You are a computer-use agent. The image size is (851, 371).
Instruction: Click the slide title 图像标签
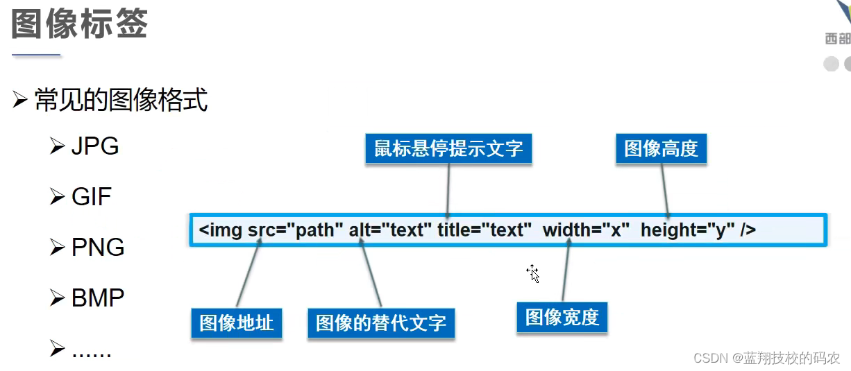pos(80,24)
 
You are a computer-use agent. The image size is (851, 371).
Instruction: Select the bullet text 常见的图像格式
pos(121,101)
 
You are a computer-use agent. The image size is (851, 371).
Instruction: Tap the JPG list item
pos(95,146)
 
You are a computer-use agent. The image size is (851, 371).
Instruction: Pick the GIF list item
pos(92,197)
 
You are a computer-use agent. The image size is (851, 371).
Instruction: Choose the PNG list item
pos(98,248)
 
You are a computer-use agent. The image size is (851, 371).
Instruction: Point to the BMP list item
pos(98,298)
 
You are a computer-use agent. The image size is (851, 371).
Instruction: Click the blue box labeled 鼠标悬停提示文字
pos(448,148)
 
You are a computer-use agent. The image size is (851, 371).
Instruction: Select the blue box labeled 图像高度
pos(661,148)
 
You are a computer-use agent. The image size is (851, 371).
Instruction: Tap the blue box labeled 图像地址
pos(236,322)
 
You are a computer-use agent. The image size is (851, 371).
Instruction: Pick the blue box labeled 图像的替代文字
pos(381,322)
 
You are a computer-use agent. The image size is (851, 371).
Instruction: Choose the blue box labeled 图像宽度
pos(562,318)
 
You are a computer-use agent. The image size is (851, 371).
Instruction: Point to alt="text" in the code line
pos(391,230)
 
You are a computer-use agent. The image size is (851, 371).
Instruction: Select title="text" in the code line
pos(485,230)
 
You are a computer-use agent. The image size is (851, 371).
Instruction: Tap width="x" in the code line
pos(586,230)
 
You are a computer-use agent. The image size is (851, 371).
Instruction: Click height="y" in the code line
pos(687,230)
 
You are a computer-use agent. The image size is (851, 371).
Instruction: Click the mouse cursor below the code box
pos(533,273)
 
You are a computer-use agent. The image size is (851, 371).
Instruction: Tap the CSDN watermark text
pos(767,358)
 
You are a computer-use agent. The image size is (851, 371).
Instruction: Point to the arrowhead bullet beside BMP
pos(58,298)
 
